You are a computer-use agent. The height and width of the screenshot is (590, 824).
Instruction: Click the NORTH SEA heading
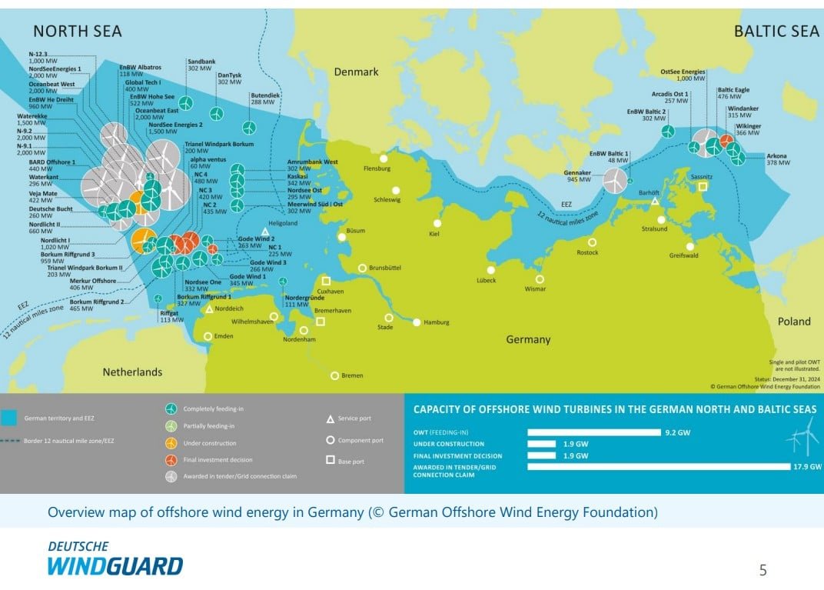77,31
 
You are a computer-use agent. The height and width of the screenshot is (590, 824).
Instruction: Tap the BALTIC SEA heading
776,31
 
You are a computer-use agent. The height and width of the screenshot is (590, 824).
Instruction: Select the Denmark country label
356,72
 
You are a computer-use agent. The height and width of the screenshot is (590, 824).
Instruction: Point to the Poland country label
794,322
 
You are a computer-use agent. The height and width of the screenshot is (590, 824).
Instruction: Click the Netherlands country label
132,372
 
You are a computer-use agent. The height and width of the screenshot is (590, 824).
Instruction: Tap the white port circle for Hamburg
417,322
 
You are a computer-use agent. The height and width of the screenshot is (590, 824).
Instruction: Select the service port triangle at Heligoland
265,232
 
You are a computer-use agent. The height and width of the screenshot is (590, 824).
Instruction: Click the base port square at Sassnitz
703,186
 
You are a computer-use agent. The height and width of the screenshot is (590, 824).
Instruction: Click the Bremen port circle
334,375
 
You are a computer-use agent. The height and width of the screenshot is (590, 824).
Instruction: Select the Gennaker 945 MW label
577,176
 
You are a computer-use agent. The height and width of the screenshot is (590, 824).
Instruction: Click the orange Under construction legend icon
171,443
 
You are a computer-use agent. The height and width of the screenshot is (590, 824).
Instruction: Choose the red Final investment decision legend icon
171,460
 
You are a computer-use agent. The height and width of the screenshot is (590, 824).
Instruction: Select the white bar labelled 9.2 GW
594,432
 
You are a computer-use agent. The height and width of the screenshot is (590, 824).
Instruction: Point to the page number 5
763,570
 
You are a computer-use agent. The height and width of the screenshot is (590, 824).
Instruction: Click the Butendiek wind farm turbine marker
248,128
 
